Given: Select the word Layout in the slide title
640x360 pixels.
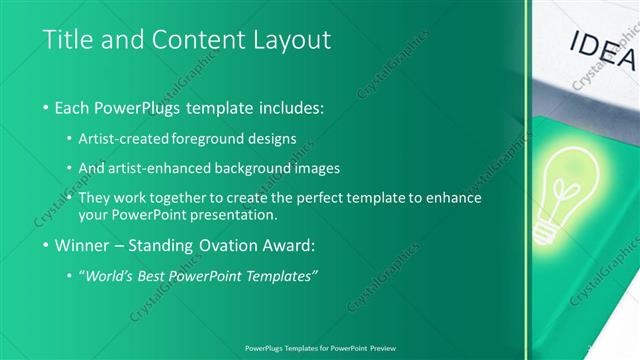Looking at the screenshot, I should pos(289,40).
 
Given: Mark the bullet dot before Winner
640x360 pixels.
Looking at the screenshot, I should pos(48,245).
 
